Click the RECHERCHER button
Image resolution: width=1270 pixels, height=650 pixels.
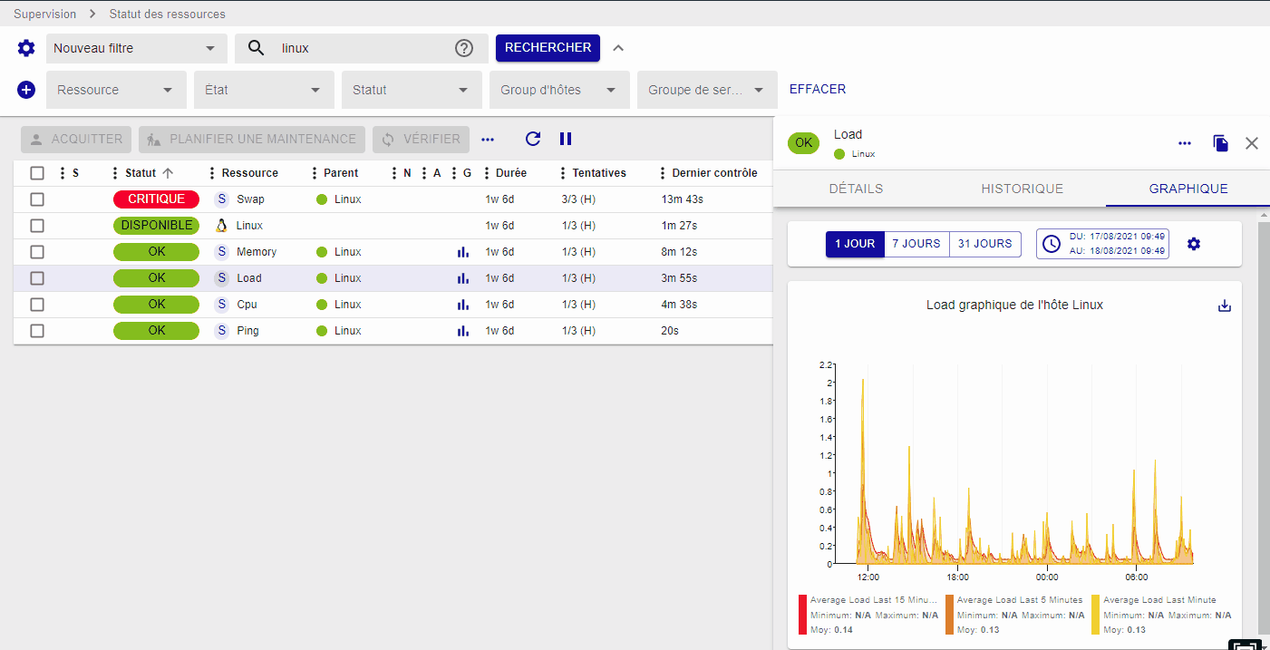[548, 48]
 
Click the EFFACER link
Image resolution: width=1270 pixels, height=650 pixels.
[817, 90]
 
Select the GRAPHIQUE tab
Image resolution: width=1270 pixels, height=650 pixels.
[1188, 189]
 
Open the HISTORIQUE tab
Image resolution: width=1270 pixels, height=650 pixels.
[1022, 189]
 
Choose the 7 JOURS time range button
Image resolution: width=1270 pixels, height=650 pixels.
[916, 244]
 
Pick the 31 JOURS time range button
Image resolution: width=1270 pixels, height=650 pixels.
[984, 244]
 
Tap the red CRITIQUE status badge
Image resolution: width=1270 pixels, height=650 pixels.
[156, 199]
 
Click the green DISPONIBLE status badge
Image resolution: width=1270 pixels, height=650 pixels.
[156, 226]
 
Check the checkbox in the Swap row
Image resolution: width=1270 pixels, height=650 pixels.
[37, 199]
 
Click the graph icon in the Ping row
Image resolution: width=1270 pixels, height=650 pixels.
[463, 331]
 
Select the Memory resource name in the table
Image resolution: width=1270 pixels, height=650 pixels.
[257, 252]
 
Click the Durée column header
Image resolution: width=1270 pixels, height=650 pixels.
[510, 173]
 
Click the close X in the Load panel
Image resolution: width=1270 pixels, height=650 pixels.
[1252, 143]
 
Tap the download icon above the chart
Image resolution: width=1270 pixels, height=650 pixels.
[1225, 306]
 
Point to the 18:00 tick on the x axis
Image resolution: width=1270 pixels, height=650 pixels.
[957, 577]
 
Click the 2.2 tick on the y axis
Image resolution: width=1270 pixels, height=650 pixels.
[825, 364]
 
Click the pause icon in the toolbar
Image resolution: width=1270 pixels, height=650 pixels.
[566, 139]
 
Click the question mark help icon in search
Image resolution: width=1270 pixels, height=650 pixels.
[464, 49]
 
